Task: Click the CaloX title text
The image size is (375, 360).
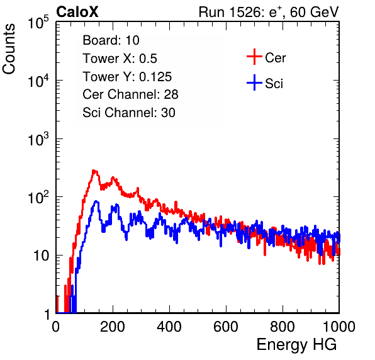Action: (x=77, y=12)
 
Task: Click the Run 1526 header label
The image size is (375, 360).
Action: (x=269, y=12)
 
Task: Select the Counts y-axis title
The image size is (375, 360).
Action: (x=9, y=49)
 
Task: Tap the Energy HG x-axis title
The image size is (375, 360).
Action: (x=296, y=345)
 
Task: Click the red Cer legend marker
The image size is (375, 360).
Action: (x=254, y=57)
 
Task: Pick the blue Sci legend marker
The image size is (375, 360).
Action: (x=254, y=82)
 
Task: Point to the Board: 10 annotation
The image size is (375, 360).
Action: (x=111, y=40)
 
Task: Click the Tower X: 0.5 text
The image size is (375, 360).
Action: (x=120, y=59)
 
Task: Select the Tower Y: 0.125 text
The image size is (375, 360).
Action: (x=127, y=77)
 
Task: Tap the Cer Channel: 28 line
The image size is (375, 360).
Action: (x=130, y=94)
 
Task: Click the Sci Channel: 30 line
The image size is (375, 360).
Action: (x=129, y=113)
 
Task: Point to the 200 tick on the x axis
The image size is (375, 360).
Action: (x=113, y=326)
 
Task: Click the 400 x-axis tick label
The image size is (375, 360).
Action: (x=169, y=326)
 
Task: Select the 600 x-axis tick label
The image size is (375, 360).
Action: (x=226, y=326)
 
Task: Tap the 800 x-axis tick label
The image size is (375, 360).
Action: (x=283, y=326)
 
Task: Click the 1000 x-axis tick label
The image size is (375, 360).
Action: (x=339, y=326)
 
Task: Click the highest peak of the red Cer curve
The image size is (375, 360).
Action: (x=94, y=171)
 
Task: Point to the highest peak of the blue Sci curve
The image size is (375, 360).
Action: (x=96, y=201)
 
